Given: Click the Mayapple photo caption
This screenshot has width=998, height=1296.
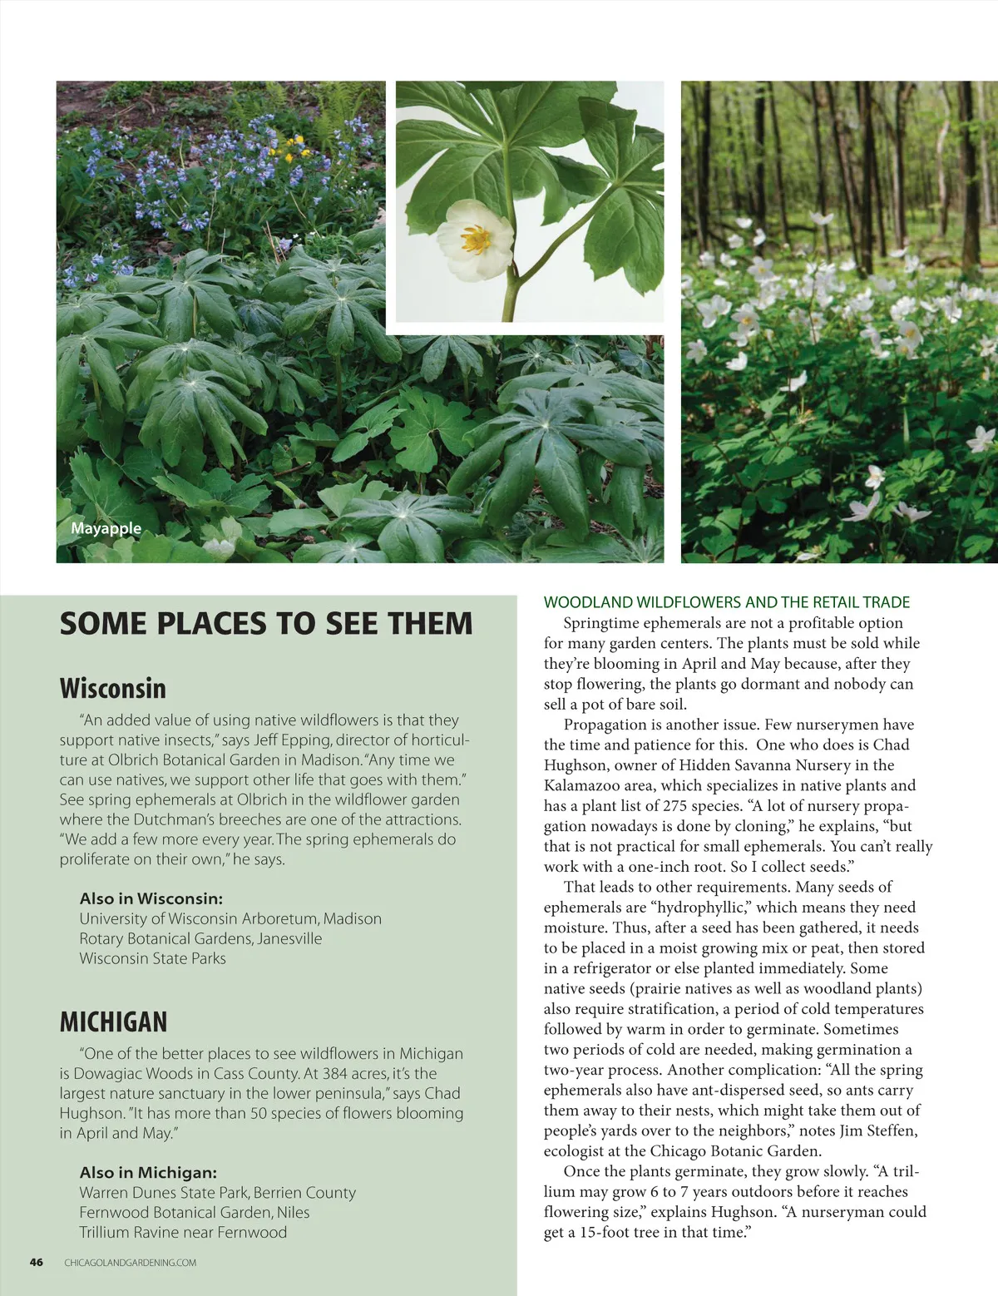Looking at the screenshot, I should (106, 529).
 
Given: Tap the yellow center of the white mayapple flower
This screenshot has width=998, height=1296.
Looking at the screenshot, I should (475, 240).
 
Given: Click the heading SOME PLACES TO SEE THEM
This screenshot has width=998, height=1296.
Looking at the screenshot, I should (266, 624).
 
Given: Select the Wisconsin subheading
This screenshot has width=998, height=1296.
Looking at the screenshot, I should (112, 689).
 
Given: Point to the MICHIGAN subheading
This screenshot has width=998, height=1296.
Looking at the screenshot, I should (113, 1021).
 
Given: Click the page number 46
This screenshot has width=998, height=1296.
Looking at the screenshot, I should (37, 1262).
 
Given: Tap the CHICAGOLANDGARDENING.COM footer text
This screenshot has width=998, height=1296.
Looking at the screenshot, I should (131, 1263).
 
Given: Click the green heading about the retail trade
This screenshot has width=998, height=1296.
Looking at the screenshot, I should (726, 602).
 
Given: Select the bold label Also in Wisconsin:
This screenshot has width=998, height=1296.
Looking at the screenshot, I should (151, 898).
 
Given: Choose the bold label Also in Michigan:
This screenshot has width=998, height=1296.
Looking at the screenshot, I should (148, 1172).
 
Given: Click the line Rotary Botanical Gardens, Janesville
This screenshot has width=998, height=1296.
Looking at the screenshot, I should (200, 938).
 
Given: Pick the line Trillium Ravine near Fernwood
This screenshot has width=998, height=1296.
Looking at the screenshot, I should (183, 1232).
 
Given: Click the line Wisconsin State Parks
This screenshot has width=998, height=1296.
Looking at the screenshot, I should (152, 958).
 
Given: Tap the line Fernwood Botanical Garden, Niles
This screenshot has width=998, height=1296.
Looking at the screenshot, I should (194, 1212).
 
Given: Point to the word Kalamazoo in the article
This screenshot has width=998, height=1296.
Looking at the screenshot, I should (581, 785).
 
